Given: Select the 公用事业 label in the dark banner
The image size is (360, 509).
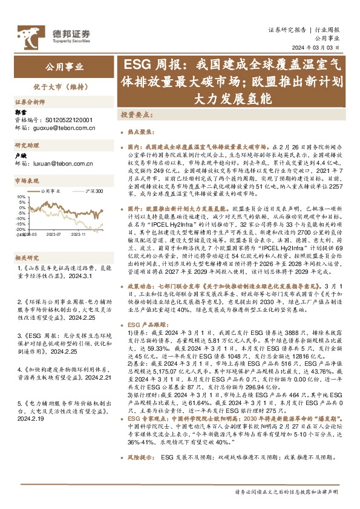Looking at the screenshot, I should coord(61,67).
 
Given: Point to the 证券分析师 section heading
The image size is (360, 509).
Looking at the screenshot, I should coord(30,102).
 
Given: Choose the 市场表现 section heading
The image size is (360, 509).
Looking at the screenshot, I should coord(27,180).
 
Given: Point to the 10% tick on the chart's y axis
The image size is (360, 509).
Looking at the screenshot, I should coord(21,196).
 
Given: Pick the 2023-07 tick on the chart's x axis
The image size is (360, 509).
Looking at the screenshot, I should coord(54,233).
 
